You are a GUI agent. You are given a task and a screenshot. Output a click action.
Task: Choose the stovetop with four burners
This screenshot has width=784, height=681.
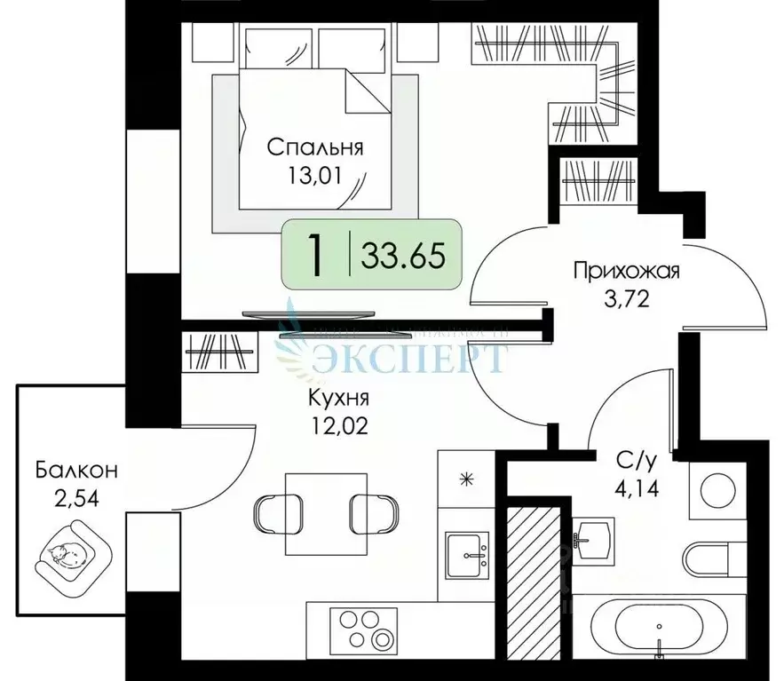click(x=365, y=627)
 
